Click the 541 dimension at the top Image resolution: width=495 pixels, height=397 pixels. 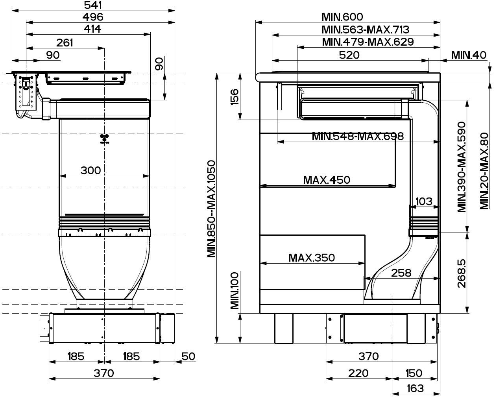(93, 5)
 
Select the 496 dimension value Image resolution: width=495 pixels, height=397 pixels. (93, 17)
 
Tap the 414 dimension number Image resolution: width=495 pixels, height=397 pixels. (92, 29)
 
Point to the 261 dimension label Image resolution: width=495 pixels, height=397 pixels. (65, 43)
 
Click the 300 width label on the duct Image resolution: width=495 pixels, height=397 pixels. (91, 170)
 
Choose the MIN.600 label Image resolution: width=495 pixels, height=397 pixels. (342, 17)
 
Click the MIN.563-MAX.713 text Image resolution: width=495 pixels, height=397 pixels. (366, 30)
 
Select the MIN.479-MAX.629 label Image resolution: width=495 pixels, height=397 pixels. (368, 42)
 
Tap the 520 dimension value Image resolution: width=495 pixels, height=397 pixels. (349, 55)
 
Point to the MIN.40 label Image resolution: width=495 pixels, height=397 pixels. (469, 55)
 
